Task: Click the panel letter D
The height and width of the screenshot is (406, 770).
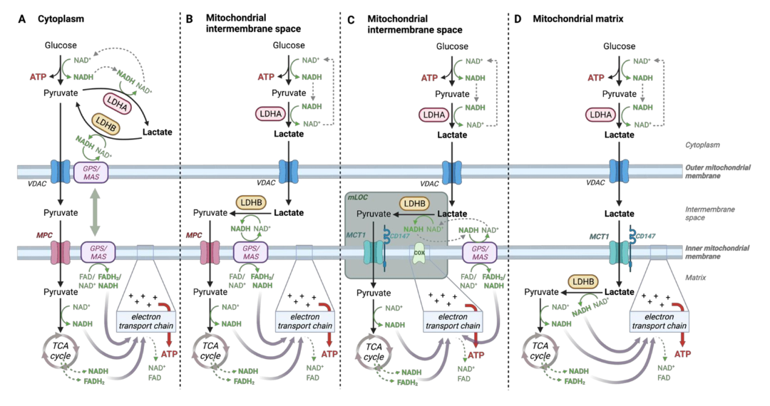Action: [518, 19]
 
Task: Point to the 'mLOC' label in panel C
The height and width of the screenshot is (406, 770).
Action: [358, 195]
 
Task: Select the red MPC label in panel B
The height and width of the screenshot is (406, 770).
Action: [194, 234]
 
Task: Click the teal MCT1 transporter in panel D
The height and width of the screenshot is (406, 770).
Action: [618, 254]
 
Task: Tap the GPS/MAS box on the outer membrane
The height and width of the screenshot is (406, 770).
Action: [91, 172]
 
